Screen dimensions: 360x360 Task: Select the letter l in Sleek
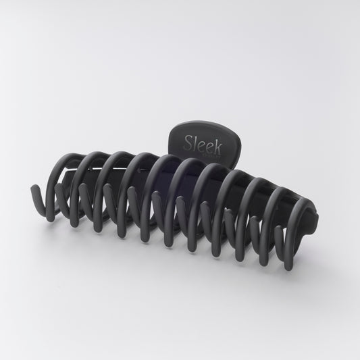(197, 142)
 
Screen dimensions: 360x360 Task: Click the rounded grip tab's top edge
(203, 121)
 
